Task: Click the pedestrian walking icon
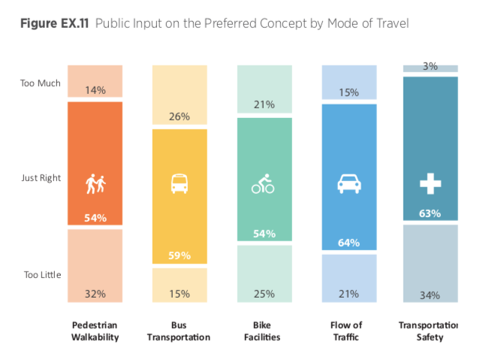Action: pyautogui.click(x=95, y=183)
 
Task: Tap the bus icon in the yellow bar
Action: pyautogui.click(x=180, y=183)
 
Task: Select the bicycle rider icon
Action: pyautogui.click(x=264, y=183)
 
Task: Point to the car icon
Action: pyautogui.click(x=348, y=183)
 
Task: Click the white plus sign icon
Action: pyautogui.click(x=430, y=183)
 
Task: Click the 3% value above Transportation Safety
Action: pyautogui.click(x=430, y=67)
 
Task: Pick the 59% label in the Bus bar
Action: pyautogui.click(x=180, y=255)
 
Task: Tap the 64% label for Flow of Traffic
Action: pyautogui.click(x=349, y=243)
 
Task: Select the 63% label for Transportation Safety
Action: pyautogui.click(x=430, y=213)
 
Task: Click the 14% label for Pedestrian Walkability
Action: pyautogui.click(x=95, y=89)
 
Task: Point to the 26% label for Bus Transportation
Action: pyautogui.click(x=180, y=116)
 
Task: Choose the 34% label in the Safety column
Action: pyautogui.click(x=430, y=295)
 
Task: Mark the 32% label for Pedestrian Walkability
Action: pyautogui.click(x=95, y=293)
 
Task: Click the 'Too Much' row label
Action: pyautogui.click(x=41, y=83)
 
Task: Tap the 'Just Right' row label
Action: pyautogui.click(x=41, y=178)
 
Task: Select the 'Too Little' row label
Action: pyautogui.click(x=41, y=274)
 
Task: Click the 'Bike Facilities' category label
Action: pyautogui.click(x=264, y=331)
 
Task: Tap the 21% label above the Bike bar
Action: pyautogui.click(x=264, y=104)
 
